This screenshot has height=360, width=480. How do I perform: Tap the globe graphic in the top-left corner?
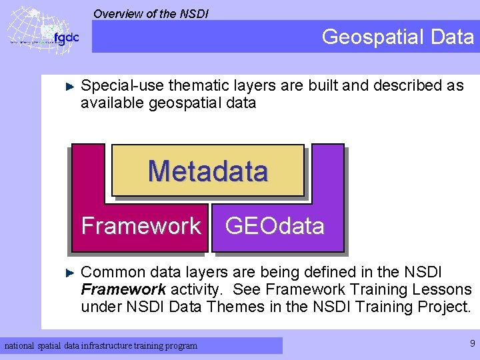[x=30, y=30]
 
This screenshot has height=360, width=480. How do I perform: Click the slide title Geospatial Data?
[x=397, y=37]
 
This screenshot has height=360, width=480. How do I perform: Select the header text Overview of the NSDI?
[x=151, y=13]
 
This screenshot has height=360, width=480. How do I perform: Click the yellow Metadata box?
[x=207, y=171]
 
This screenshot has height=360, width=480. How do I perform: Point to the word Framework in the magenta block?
[x=141, y=226]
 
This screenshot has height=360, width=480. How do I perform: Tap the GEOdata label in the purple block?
[x=275, y=226]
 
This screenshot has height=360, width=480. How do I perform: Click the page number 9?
[x=472, y=344]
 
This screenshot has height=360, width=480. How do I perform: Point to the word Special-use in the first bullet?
[x=122, y=85]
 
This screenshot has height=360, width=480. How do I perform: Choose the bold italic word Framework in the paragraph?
[x=123, y=289]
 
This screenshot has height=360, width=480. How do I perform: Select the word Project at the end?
[x=445, y=307]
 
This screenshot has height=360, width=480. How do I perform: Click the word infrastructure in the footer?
[x=125, y=345]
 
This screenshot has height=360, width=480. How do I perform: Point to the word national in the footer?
[x=20, y=345]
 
